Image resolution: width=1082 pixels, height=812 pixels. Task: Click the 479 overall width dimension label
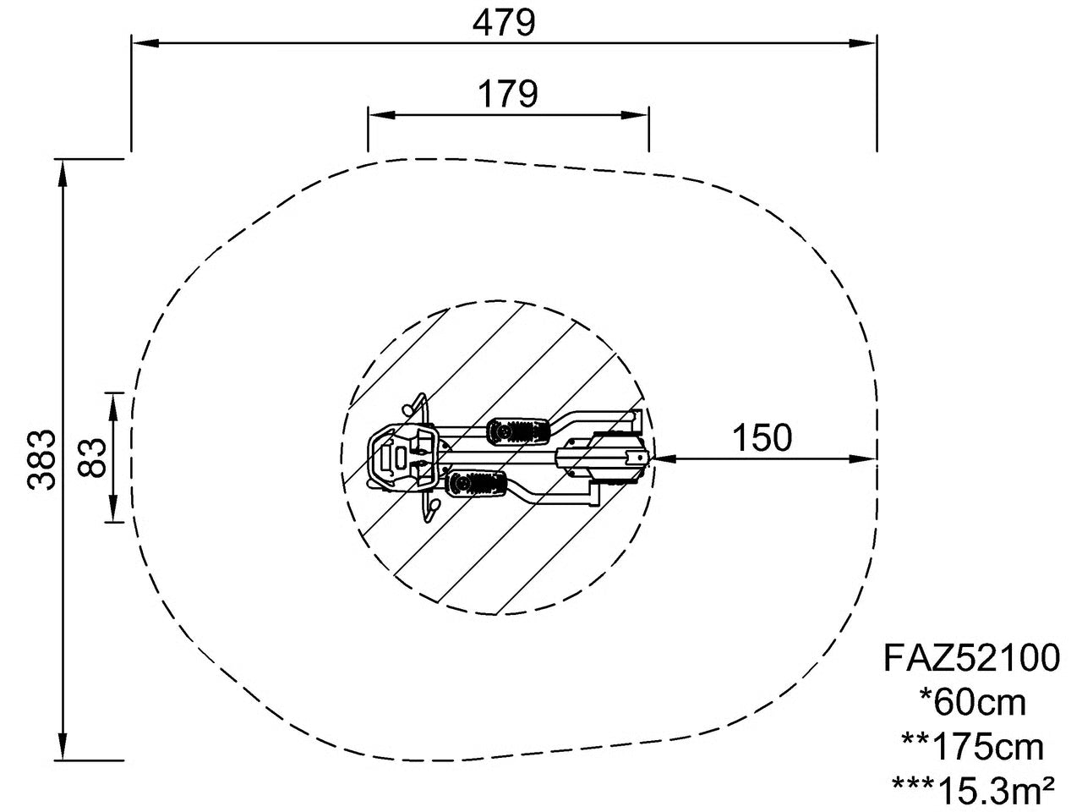click(x=503, y=23)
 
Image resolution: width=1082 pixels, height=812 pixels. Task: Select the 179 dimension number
click(x=508, y=94)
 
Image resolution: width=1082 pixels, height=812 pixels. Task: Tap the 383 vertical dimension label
click(x=41, y=459)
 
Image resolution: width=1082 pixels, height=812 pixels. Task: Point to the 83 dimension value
click(x=92, y=457)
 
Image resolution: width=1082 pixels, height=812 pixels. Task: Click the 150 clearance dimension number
click(x=762, y=437)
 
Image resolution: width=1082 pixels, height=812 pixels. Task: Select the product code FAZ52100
click(x=971, y=658)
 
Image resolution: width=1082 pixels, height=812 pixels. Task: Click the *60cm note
click(x=973, y=703)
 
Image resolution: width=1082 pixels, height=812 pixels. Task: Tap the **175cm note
click(x=973, y=748)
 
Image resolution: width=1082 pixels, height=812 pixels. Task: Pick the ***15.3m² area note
click(x=973, y=792)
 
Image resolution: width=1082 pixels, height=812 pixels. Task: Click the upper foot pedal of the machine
click(x=517, y=431)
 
